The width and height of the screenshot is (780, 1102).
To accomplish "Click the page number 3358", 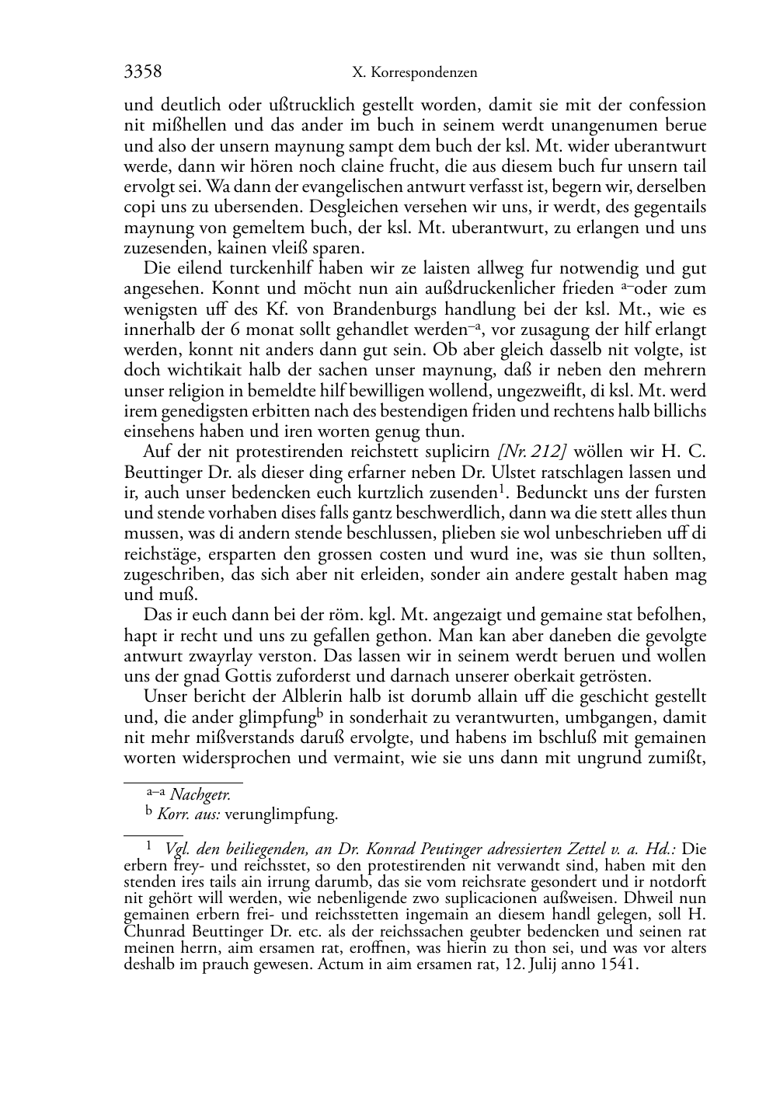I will (x=143, y=72).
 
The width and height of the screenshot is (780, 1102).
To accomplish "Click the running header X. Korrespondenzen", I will (x=414, y=73).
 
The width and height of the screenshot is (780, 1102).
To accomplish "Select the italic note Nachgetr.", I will (x=200, y=794).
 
